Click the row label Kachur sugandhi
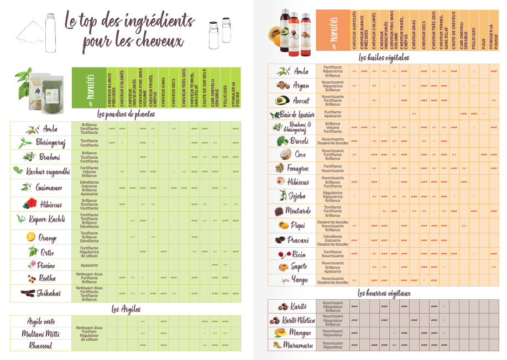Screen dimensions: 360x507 (48, 171)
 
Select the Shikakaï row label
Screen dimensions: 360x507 (49, 293)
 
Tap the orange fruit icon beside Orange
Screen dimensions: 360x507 (30, 237)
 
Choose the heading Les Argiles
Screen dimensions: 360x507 (126, 309)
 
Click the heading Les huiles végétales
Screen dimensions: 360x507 (384, 57)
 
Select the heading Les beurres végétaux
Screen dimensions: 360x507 (384, 293)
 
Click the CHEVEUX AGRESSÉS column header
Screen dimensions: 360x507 (354, 30)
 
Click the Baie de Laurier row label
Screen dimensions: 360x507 (299, 114)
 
